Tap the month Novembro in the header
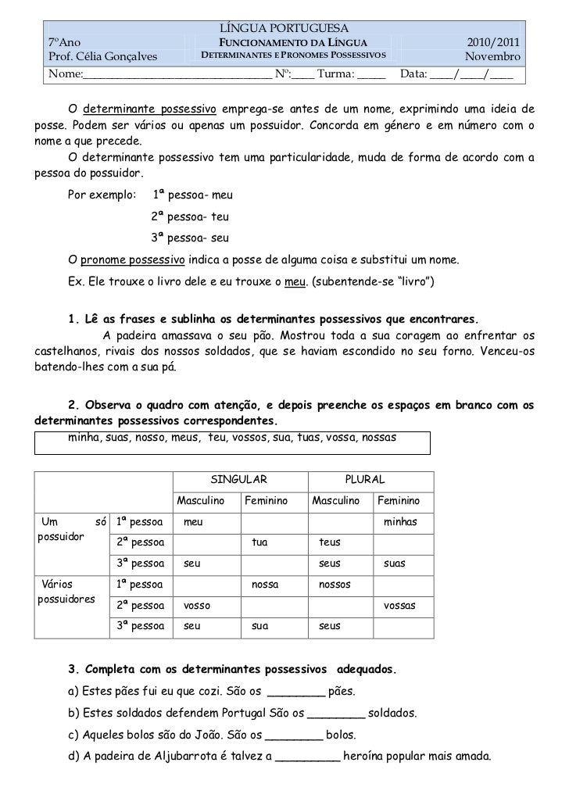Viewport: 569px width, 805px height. [x=494, y=58]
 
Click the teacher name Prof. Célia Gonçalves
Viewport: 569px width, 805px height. [x=103, y=58]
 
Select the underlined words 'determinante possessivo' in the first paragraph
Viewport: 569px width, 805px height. [x=149, y=107]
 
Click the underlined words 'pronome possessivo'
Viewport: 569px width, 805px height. [x=133, y=259]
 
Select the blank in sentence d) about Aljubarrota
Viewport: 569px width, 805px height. [x=309, y=757]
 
